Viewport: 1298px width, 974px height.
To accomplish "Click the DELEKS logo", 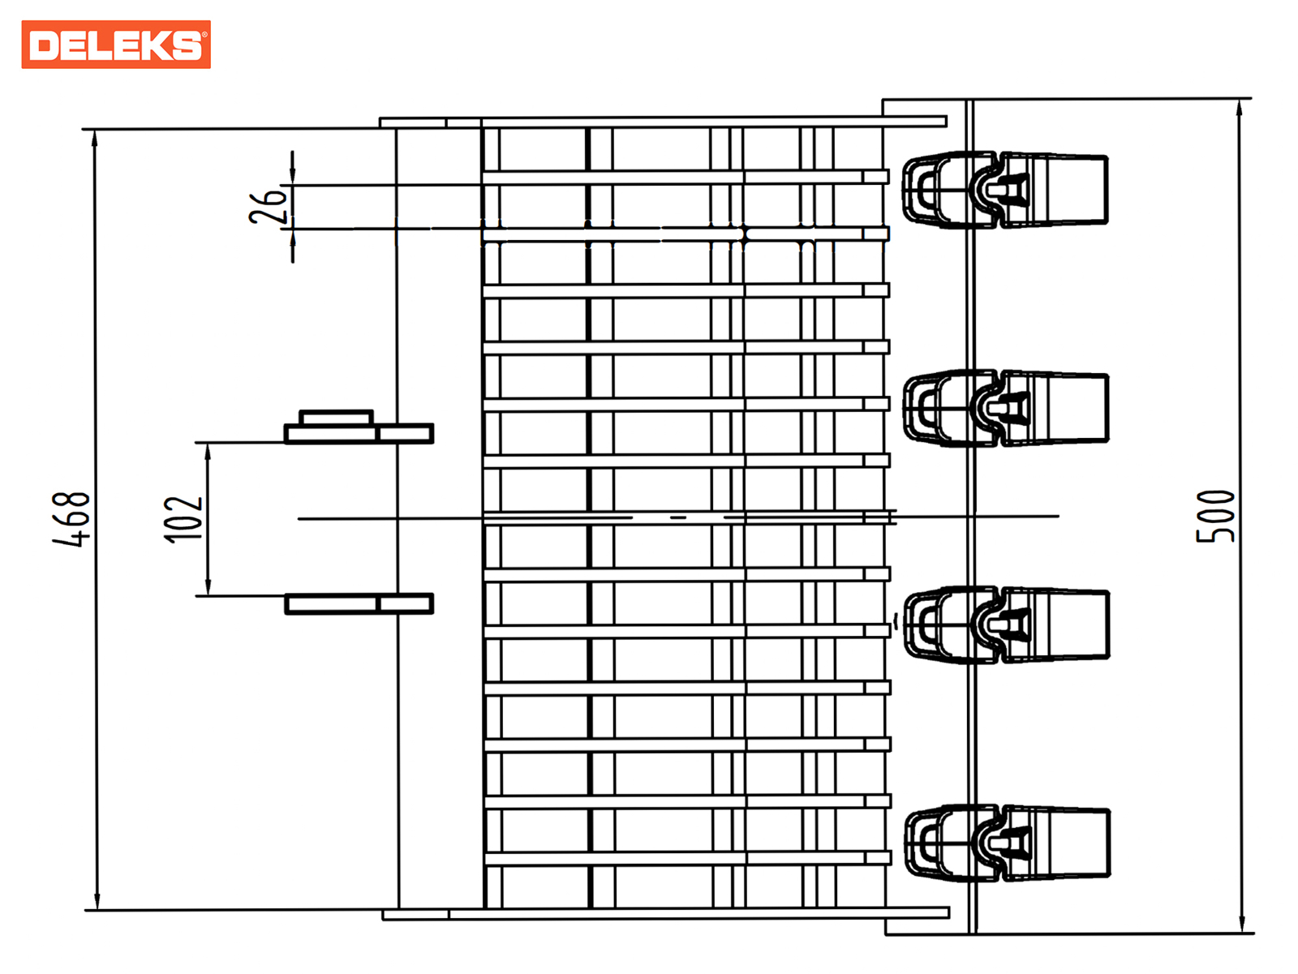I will pos(116,45).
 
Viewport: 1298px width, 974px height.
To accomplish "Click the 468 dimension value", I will pos(72,519).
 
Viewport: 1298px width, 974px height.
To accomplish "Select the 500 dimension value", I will pos(1215,516).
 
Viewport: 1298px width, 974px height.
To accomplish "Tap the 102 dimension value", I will pos(183,519).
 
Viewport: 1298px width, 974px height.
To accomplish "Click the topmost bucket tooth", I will pos(1006,189).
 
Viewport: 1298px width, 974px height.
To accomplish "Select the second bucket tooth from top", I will pos(1006,408).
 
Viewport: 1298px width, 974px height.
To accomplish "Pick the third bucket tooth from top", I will pos(1006,624).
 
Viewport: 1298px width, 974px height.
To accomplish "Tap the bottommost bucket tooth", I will pos(1006,843).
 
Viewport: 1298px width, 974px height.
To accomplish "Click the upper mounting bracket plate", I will pos(359,434).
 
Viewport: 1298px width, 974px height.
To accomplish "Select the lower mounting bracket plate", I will pos(359,603).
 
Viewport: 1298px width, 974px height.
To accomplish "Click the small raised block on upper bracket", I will pos(336,418).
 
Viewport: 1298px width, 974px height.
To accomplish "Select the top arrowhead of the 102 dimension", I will pos(208,451).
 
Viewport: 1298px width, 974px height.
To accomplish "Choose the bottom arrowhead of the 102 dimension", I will pos(208,588).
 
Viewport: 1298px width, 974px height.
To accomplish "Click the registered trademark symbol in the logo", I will pos(204,34).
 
